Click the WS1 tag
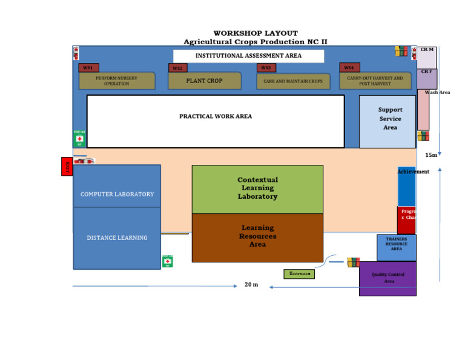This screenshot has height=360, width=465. coord(88,68)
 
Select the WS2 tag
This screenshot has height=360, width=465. coord(177,68)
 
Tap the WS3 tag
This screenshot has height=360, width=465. coord(266,68)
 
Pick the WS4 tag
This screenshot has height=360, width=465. coord(349,68)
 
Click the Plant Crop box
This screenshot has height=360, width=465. coord(204,81)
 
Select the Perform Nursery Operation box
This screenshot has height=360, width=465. coord(117,81)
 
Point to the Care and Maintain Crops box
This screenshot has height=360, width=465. coord(293,81)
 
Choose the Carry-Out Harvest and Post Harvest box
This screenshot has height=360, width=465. coord(375,81)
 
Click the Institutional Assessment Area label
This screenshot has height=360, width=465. coord(248,56)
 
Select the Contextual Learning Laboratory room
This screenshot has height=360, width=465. coord(257,188)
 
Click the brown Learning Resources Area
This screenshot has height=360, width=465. coord(257,237)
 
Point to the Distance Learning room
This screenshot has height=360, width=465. coord(117,238)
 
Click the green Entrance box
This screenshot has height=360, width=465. coord(299,274)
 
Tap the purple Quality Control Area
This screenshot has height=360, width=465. coord(387,278)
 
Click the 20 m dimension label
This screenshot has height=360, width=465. coord(251,285)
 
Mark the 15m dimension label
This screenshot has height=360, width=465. coord(430,155)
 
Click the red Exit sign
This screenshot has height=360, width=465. coord(67,167)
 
